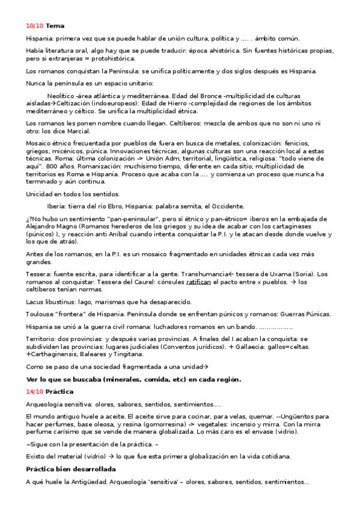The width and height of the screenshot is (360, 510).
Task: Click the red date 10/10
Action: click(x=34, y=26)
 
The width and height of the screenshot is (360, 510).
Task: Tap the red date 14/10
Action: click(x=34, y=392)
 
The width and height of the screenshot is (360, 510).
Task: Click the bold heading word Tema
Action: click(x=55, y=26)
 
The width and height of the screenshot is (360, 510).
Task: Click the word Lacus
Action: click(x=35, y=301)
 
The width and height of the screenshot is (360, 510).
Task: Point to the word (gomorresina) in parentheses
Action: click(x=160, y=424)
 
